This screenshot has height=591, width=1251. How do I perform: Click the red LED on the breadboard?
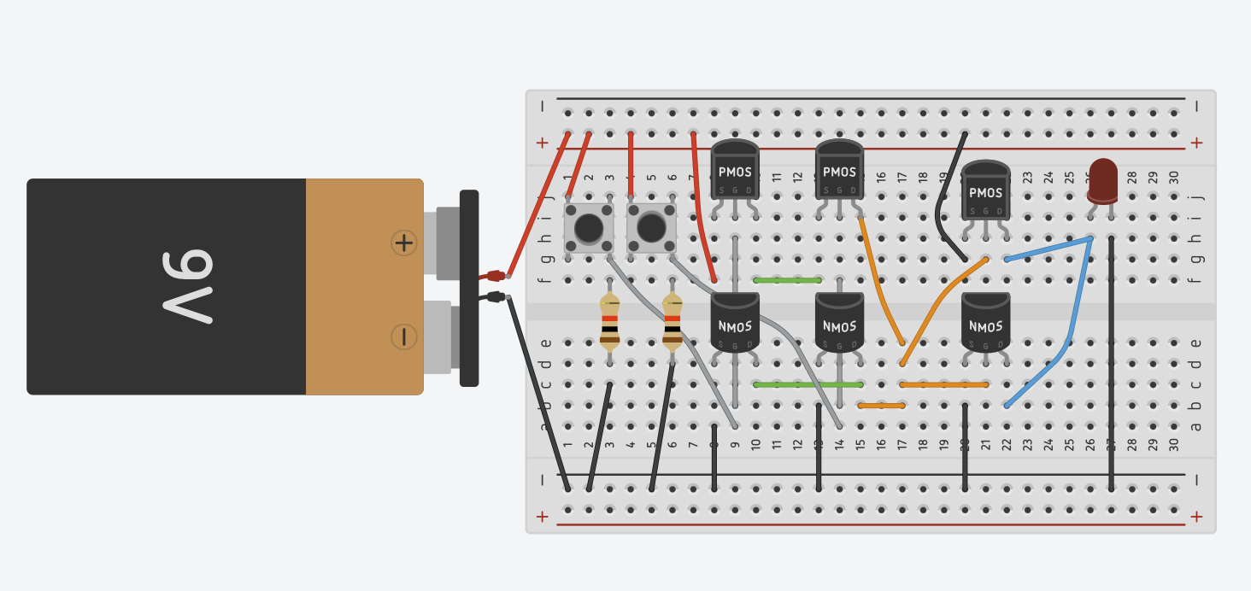1102,179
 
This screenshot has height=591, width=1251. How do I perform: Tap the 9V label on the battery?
187,286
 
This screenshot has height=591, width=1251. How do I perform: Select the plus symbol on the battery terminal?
403,243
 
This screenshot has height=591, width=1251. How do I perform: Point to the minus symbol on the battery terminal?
403,336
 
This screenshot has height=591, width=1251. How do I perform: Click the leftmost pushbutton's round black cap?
588,228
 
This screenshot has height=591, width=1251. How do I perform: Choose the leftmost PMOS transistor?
735,171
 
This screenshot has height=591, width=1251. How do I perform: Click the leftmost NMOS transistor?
735,323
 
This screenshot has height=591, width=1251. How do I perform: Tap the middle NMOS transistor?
839,323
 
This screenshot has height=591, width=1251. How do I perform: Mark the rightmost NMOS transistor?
985,323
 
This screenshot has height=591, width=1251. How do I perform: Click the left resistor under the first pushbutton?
609,323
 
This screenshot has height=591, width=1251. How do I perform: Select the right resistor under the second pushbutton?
672,323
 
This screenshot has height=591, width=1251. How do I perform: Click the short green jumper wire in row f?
787,279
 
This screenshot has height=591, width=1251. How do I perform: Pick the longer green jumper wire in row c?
808,384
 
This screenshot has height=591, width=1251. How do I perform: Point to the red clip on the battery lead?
493,275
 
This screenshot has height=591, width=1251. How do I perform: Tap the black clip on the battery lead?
493,296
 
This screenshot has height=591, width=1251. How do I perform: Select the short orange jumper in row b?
881,406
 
